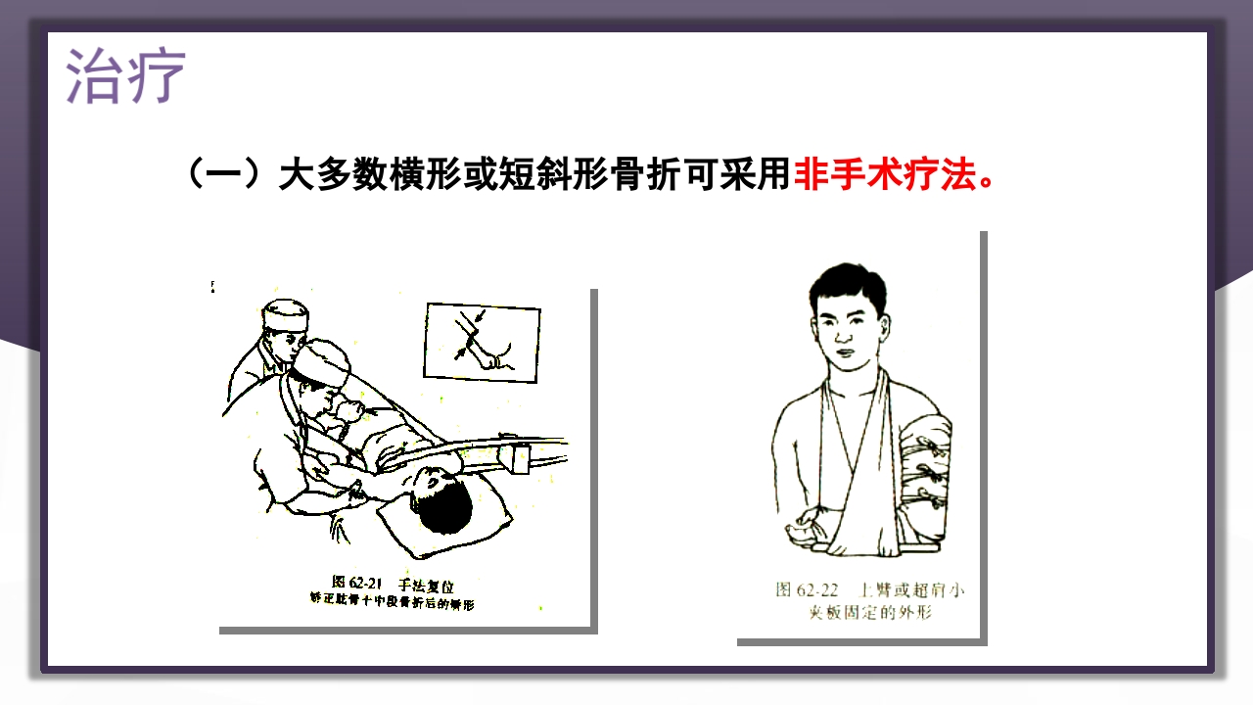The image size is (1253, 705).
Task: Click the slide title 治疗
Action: coord(125,75)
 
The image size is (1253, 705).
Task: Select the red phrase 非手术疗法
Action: coord(885,176)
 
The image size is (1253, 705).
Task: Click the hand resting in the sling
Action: coord(810,524)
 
